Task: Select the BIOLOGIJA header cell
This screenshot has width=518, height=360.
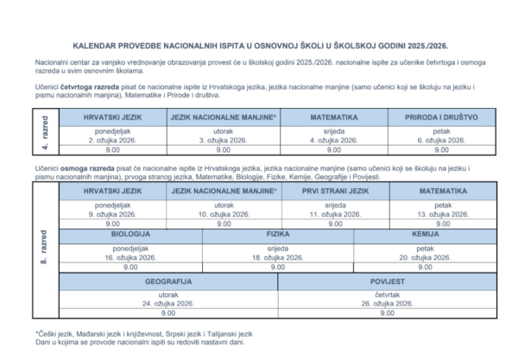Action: coord(131,234)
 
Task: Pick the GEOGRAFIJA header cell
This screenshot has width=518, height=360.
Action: coord(167,281)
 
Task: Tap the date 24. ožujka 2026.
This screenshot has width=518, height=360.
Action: coord(167,304)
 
